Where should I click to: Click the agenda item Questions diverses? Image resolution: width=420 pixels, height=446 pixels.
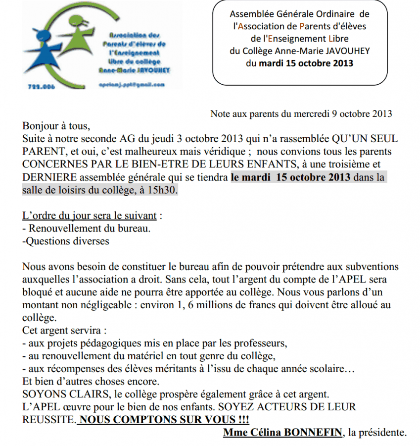pos(66,242)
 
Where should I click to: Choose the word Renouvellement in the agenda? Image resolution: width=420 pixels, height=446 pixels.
pos(62,229)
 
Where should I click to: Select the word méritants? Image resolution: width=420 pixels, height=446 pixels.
pos(171,370)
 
